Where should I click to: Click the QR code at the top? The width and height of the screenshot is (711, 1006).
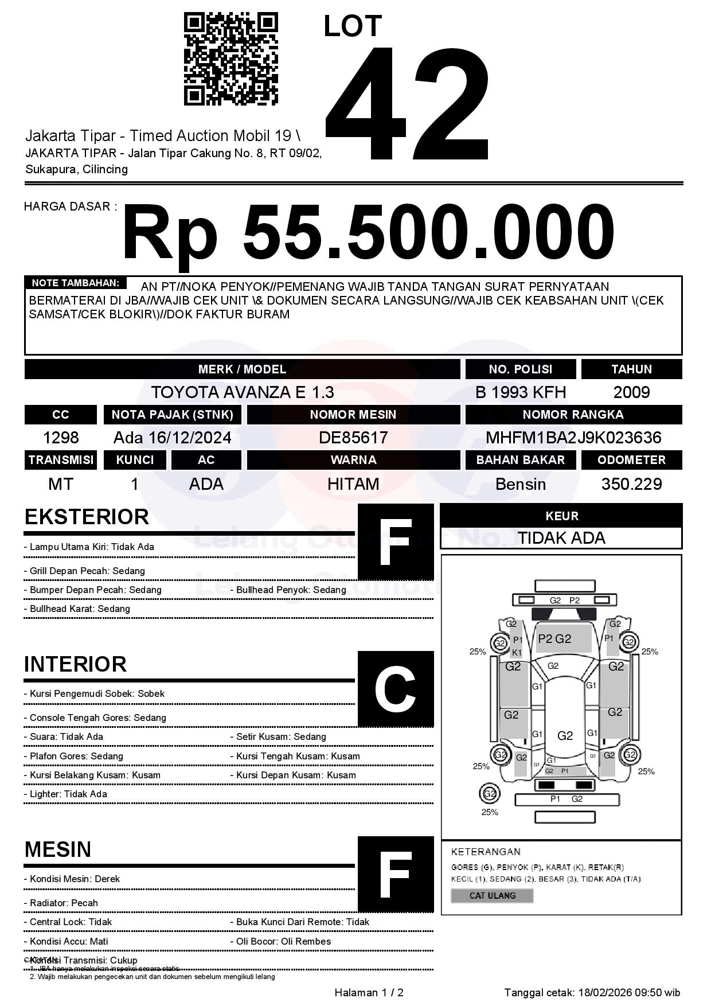(x=231, y=59)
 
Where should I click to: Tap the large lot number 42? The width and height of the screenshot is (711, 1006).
(x=408, y=103)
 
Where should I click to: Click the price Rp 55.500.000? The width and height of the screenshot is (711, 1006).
(x=368, y=234)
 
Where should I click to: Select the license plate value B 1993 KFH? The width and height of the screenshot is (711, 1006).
(x=521, y=392)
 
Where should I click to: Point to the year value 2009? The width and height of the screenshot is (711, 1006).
(x=631, y=392)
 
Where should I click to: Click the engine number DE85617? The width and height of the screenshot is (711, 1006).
(x=353, y=438)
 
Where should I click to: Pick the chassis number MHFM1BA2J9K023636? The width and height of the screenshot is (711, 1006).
(x=573, y=438)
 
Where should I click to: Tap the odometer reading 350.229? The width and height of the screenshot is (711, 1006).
(x=631, y=484)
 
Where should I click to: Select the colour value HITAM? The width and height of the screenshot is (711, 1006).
(x=353, y=484)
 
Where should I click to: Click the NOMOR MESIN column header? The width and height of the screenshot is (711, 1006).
(x=353, y=415)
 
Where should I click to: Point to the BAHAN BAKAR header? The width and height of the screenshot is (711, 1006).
(x=521, y=460)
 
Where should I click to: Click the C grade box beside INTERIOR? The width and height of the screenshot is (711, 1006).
(x=396, y=689)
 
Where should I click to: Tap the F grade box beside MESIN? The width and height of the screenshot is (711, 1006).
(x=396, y=874)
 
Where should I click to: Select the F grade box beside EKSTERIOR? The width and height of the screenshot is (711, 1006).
(x=396, y=542)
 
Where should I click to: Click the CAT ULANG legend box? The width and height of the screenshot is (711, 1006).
(x=492, y=896)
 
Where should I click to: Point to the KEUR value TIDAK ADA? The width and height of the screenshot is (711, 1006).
(x=561, y=538)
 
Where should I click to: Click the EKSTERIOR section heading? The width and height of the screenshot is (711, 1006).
(x=87, y=517)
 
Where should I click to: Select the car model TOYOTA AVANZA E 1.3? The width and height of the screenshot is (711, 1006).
(x=243, y=392)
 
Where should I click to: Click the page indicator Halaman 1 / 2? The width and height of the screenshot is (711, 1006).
(x=369, y=993)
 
